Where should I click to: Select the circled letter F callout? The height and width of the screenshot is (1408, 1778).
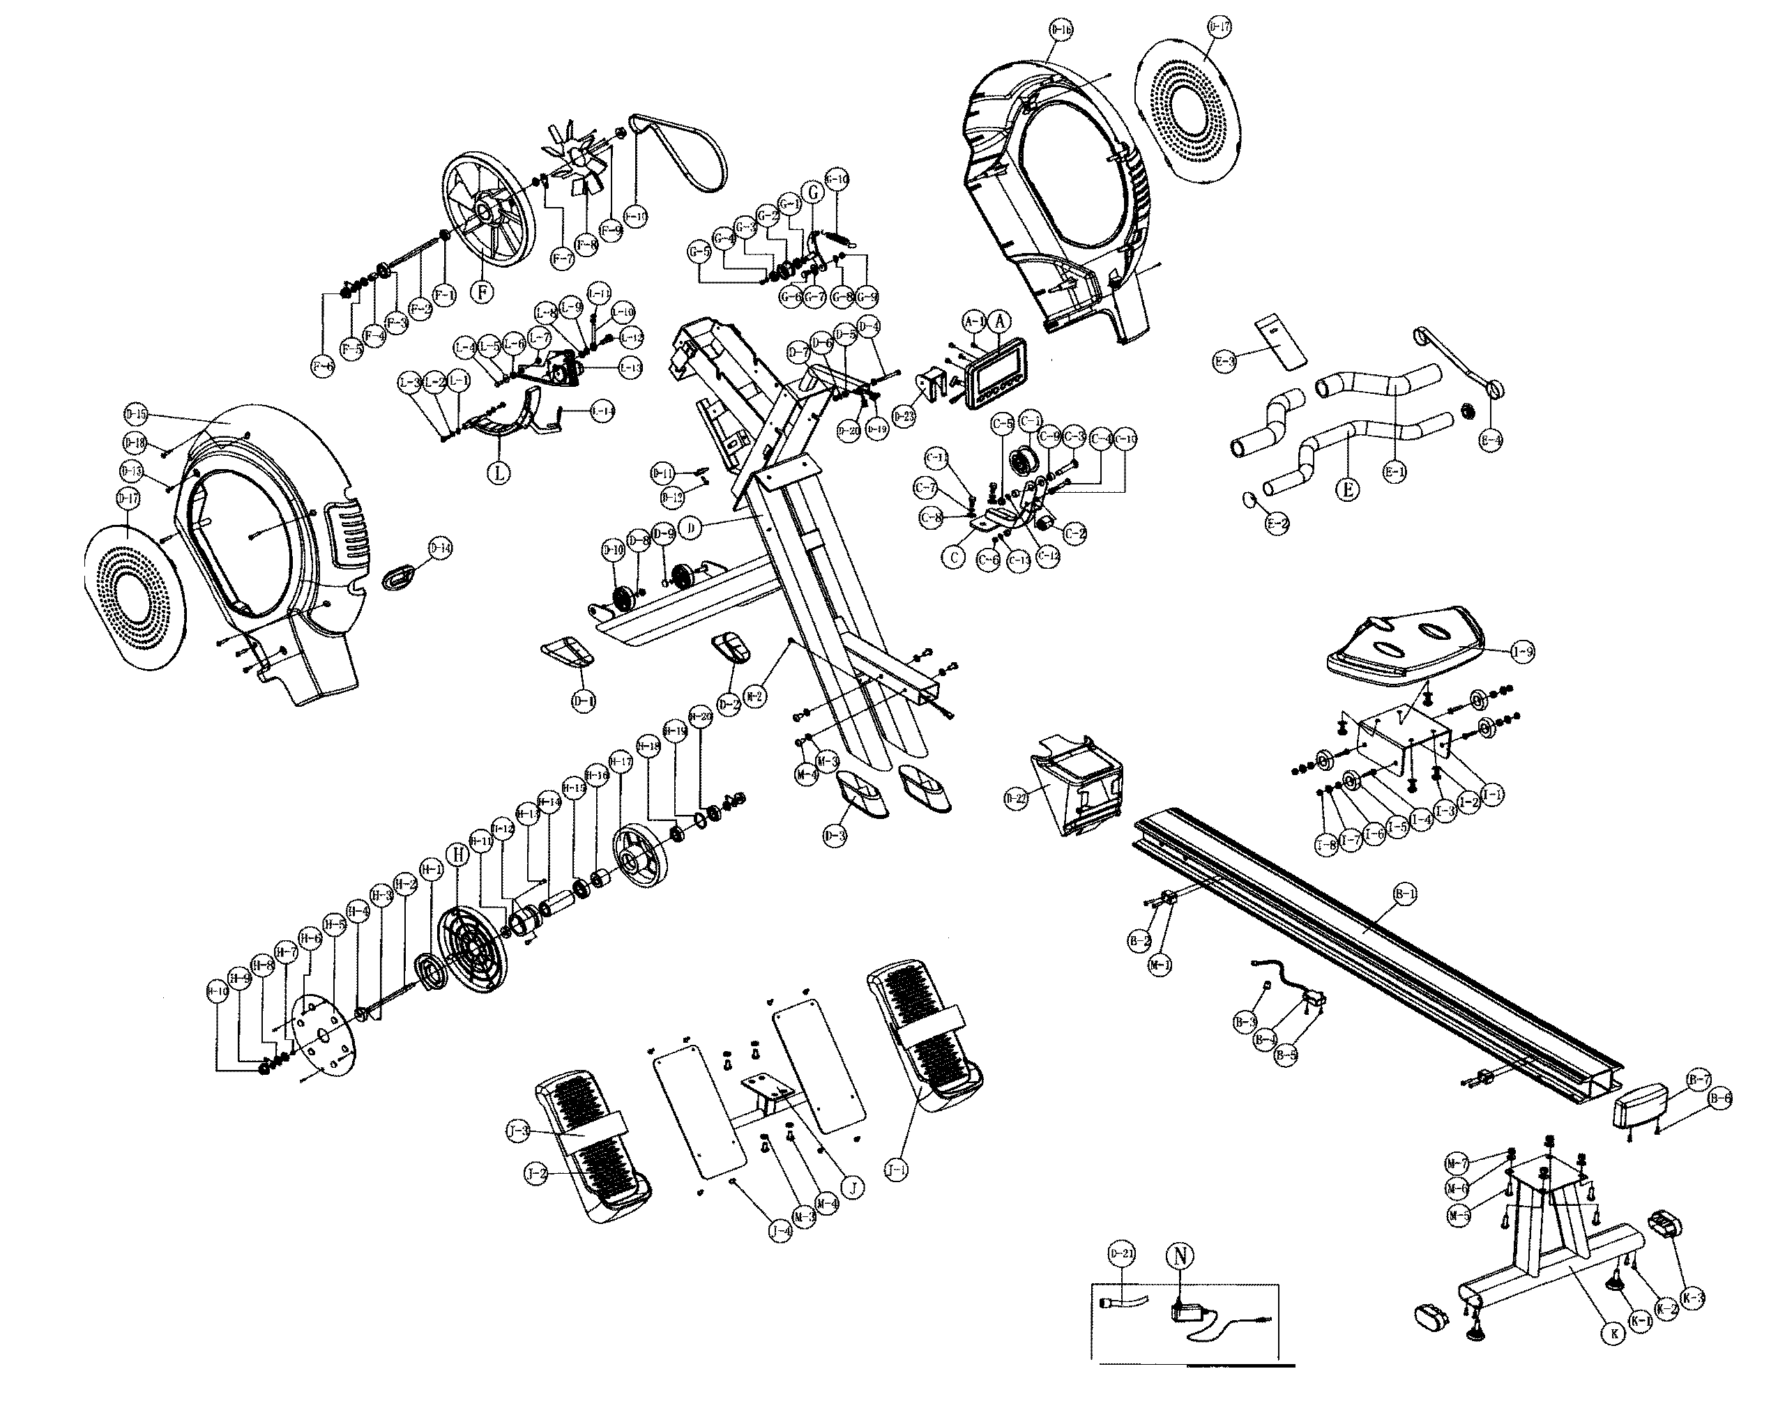482,292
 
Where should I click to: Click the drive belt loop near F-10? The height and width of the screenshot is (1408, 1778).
681,152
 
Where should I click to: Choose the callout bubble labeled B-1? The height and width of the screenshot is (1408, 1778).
1404,893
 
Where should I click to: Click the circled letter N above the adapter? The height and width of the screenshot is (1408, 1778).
1179,1255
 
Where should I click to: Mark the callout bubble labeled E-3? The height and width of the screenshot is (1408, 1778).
1226,361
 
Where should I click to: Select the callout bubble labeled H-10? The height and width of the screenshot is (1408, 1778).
217,993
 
